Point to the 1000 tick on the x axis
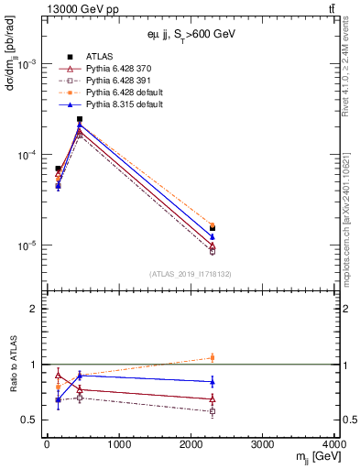coord(118,444)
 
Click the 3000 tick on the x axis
coord(263,444)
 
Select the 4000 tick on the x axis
coord(334,444)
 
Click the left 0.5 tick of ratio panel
coord(34,420)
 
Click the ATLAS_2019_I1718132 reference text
coord(190,272)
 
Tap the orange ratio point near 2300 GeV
coord(213,357)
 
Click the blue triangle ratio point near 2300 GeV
coord(213,382)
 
